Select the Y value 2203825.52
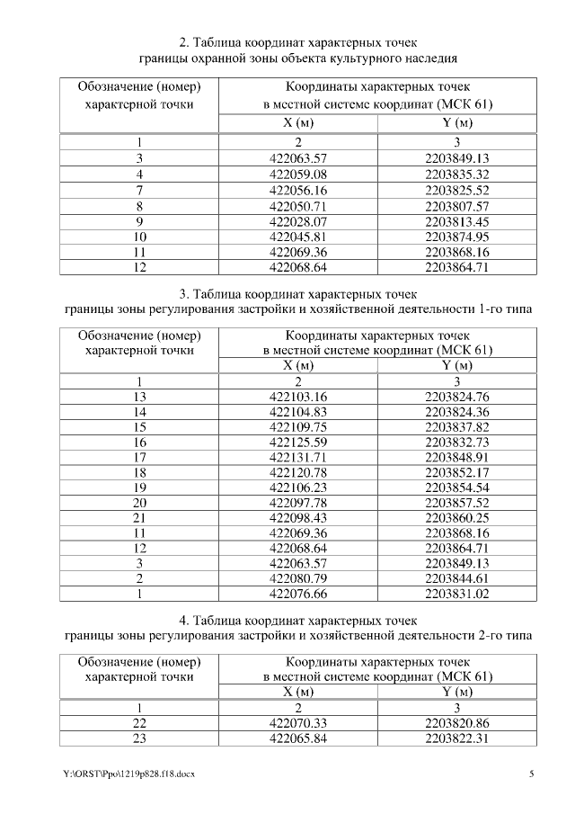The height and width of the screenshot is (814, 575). pos(456,190)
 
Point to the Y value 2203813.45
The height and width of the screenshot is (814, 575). pos(456,221)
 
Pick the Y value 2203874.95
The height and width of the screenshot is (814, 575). pos(456,237)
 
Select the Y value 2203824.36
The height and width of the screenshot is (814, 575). pos(456,412)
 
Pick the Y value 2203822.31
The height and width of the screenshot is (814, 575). pos(456,738)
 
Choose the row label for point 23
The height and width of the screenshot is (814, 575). pos(139,738)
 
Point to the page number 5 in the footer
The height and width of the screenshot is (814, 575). pos(531,774)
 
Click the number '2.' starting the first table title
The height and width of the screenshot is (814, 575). pos(183,42)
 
